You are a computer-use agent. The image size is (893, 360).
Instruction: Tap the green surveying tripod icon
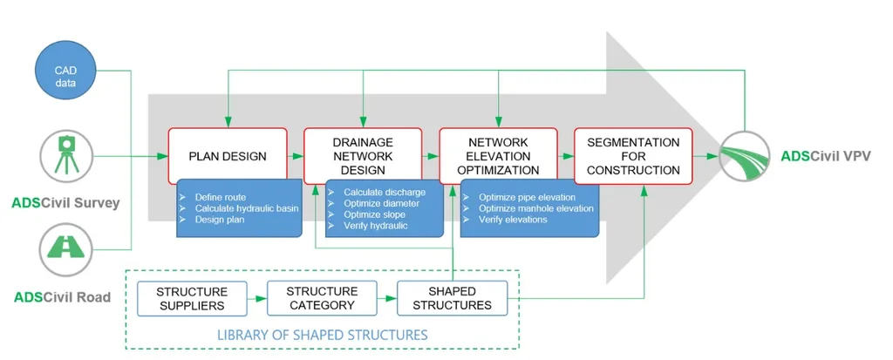pos(65,155)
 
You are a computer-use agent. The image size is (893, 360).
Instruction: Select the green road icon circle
pos(65,249)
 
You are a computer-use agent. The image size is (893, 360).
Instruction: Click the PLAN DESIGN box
pos(228,155)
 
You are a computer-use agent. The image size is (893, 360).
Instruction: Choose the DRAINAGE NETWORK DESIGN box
pos(363,155)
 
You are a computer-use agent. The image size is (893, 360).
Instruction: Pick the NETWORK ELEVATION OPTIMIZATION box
pos(498,155)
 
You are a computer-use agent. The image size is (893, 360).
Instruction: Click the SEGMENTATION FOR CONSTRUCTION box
pos(633,155)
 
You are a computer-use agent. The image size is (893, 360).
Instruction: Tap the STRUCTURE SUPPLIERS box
pos(193,298)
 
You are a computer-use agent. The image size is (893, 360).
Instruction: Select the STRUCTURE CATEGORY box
pos(322,298)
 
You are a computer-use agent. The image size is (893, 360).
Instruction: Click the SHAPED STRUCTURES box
pos(452,298)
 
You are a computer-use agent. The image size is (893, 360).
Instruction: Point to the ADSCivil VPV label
pos(825,155)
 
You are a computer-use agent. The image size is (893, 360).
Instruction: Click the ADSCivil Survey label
pos(65,202)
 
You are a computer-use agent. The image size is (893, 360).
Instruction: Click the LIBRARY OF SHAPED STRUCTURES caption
pos(322,335)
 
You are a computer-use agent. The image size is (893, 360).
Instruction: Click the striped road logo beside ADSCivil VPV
pos(745,155)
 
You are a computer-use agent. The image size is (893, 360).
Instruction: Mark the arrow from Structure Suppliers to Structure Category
pos(257,298)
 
